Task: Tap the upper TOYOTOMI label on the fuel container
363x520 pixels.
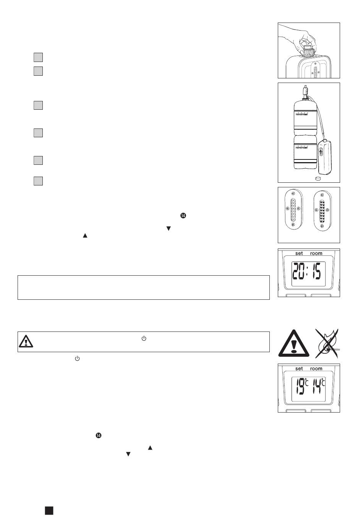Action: pos(302,114)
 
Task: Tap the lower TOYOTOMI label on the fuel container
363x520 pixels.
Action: pos(302,148)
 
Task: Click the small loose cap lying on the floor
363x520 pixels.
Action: pos(318,178)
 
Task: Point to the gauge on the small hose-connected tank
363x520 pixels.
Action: pos(321,152)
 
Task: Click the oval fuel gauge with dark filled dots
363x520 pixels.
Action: pos(322,211)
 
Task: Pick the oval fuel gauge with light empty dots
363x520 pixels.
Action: pos(293,210)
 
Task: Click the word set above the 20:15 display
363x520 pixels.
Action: pos(299,253)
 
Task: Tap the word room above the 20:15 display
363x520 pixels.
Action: pos(316,253)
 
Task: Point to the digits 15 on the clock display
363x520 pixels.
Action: pos(316,271)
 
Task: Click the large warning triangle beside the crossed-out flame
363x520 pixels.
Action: pos(293,343)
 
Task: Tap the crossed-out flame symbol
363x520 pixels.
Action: pos(327,343)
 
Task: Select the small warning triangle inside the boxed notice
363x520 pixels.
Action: pos(26,341)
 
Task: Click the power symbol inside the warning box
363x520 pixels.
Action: pos(144,338)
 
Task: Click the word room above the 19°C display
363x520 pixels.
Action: pos(316,369)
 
